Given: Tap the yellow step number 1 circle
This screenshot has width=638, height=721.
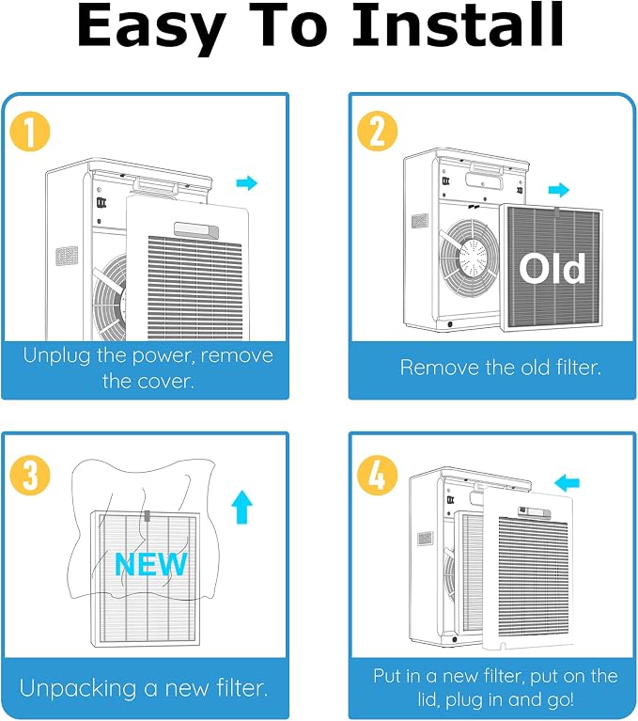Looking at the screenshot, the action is coord(30,132).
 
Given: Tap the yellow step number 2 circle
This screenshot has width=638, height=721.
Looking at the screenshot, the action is coord(377,131).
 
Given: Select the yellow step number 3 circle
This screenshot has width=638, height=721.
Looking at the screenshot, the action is coord(30,475).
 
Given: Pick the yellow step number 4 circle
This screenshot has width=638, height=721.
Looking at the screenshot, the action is coord(377,475).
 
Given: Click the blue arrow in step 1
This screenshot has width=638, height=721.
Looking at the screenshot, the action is coord(247,183).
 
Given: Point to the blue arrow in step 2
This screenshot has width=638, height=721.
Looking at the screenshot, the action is coord(559,190).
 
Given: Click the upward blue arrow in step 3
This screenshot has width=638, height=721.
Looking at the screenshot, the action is coord(241,508).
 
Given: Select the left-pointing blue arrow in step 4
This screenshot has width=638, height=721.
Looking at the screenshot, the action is coord(567,483).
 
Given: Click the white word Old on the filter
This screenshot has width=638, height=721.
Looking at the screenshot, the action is coord(552,268).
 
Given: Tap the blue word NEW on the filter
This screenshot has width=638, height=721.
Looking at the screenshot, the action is coord(150,564).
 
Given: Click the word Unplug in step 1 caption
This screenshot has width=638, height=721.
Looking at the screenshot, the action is coord(56,356).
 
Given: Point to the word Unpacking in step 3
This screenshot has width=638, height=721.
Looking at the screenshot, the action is coord(78,689).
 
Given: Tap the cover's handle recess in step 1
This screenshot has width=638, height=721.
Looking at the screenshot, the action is coord(196,230).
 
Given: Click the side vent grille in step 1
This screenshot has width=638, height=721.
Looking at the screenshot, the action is coord(67,256).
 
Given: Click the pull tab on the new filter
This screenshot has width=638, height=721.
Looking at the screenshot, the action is coord(148,515).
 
